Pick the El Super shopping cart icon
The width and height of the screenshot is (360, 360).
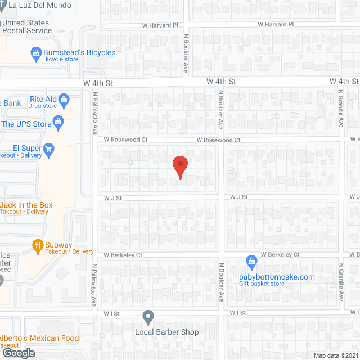click(x=48, y=148)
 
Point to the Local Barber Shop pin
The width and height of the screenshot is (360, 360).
click(x=148, y=318)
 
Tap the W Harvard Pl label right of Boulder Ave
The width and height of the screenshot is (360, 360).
click(x=276, y=25)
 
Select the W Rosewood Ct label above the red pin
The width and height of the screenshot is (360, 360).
click(x=218, y=140)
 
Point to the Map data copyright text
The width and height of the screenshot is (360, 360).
click(x=336, y=355)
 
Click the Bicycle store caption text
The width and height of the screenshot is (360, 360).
click(x=61, y=59)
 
